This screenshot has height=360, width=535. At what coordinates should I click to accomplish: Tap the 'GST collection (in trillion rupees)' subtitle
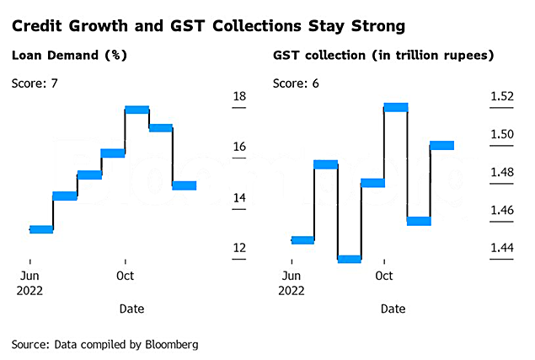tap(383, 57)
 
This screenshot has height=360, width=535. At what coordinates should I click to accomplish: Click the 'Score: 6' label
tap(297, 83)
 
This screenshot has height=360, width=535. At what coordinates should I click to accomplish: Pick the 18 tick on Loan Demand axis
tap(239, 96)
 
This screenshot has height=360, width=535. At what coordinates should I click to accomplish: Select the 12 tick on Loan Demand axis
tap(239, 248)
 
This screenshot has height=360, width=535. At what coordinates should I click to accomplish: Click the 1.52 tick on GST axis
tap(502, 96)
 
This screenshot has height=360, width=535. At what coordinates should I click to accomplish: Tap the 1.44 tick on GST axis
tap(502, 248)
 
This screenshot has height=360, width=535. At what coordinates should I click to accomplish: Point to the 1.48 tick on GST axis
tap(502, 173)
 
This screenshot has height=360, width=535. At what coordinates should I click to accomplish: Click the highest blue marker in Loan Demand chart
tap(136, 110)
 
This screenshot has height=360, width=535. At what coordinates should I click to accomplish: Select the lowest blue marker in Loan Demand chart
tap(41, 228)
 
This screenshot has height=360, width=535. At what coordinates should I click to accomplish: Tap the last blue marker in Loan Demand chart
tap(184, 185)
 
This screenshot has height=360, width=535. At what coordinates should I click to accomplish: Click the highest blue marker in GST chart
tap(395, 107)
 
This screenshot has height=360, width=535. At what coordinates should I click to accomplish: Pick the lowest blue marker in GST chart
tap(349, 259)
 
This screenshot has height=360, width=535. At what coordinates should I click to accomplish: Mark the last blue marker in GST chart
tap(441, 145)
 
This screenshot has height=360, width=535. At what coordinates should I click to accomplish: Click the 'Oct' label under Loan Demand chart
tap(125, 276)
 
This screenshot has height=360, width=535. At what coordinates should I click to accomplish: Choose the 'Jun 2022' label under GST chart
tap(291, 282)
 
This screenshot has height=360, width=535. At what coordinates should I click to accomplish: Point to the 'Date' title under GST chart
tap(393, 309)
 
